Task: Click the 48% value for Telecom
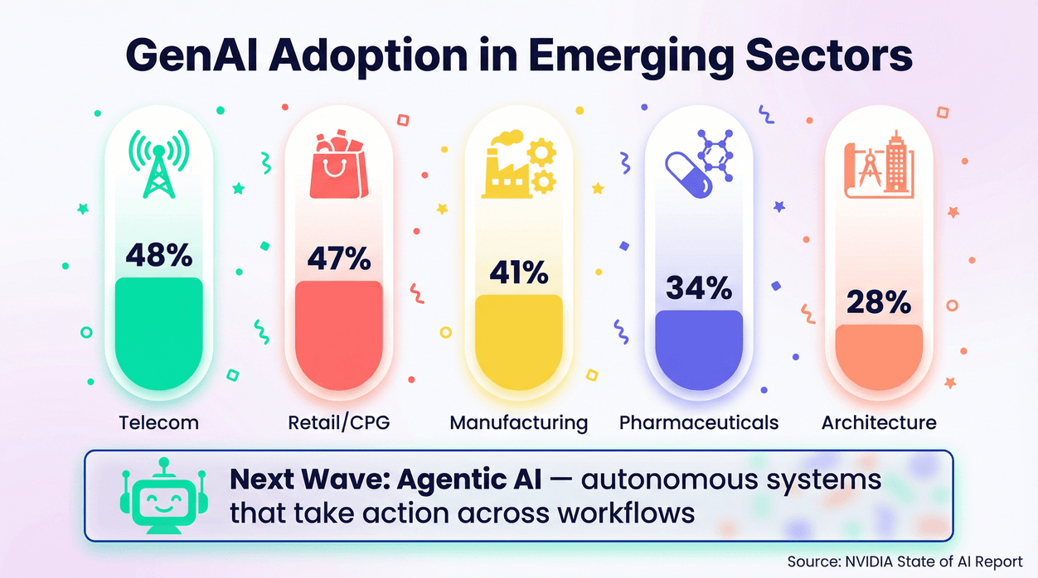(x=158, y=255)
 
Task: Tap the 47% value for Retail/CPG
(x=338, y=258)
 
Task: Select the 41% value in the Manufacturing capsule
(x=518, y=272)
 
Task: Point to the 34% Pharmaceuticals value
(x=699, y=288)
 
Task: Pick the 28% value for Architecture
(x=879, y=302)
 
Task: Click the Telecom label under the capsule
(x=158, y=422)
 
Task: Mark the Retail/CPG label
(x=338, y=422)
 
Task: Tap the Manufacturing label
(x=518, y=422)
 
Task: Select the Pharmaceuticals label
(x=699, y=422)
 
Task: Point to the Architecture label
(x=879, y=422)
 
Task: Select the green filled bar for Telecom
(x=158, y=331)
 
